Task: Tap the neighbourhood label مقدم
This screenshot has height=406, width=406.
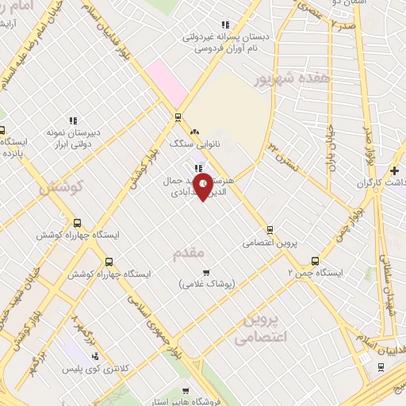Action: point(189,252)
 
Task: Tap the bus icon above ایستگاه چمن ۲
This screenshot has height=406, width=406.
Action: point(316,260)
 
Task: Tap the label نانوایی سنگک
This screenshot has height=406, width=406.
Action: point(196,145)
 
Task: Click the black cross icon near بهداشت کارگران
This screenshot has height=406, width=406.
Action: point(395,170)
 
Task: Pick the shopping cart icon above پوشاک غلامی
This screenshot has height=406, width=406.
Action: point(205,273)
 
